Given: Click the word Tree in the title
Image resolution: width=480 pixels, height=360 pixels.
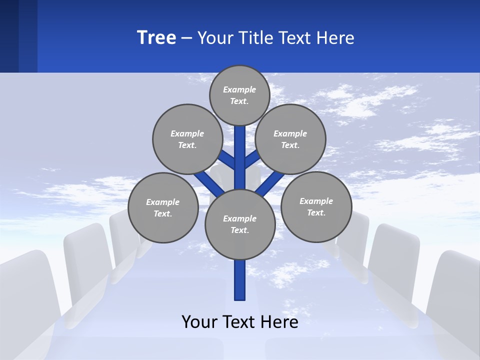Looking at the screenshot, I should (156, 37).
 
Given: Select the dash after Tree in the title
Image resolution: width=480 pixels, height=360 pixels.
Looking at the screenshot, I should (186, 38).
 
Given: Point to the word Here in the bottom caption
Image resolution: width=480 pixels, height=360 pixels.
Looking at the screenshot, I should (277, 322).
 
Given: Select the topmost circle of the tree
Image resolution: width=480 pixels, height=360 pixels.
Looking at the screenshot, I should (239, 95).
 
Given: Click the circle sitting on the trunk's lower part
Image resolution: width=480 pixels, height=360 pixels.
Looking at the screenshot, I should (240, 224).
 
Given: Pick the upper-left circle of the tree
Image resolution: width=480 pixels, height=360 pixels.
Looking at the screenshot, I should (187, 139).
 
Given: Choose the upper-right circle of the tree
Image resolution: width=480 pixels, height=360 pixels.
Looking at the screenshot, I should (290, 139).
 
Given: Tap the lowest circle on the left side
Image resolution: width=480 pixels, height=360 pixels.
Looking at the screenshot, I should (163, 207).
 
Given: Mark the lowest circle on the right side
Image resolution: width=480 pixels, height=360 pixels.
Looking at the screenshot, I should (316, 206).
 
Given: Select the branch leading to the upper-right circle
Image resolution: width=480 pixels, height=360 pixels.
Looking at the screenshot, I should (252, 159).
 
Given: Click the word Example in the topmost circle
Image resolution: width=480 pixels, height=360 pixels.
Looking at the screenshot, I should (239, 89).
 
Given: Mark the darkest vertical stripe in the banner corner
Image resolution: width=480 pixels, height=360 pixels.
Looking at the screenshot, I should (9, 36).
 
